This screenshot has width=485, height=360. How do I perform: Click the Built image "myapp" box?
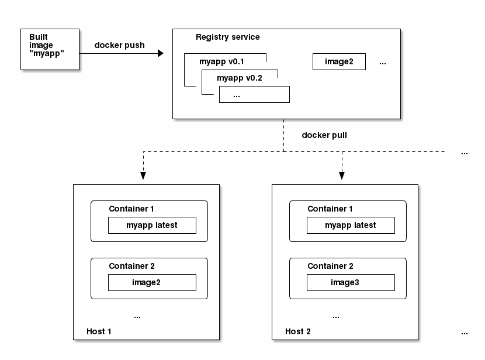[50, 49]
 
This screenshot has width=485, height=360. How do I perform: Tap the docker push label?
[120, 46]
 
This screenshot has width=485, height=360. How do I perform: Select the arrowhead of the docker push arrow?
[160, 54]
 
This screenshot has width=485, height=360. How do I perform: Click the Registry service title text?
[228, 37]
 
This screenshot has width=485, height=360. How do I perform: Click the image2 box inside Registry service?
[339, 61]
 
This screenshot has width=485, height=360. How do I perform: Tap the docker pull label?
[324, 135]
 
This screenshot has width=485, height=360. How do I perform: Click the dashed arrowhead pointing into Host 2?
[342, 175]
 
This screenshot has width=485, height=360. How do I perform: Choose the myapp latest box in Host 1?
[152, 225]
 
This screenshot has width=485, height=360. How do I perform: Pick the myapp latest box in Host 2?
[351, 225]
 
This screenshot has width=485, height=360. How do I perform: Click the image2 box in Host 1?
[152, 282]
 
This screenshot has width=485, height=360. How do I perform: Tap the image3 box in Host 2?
[351, 282]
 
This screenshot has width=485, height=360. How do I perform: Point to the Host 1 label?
[99, 331]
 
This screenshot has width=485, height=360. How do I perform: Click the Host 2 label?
[298, 331]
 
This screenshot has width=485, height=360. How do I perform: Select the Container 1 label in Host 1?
[131, 209]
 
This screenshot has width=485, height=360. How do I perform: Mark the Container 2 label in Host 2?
[330, 266]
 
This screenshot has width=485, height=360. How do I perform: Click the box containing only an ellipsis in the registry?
[254, 94]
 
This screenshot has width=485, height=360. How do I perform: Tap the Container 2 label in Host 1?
[131, 266]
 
